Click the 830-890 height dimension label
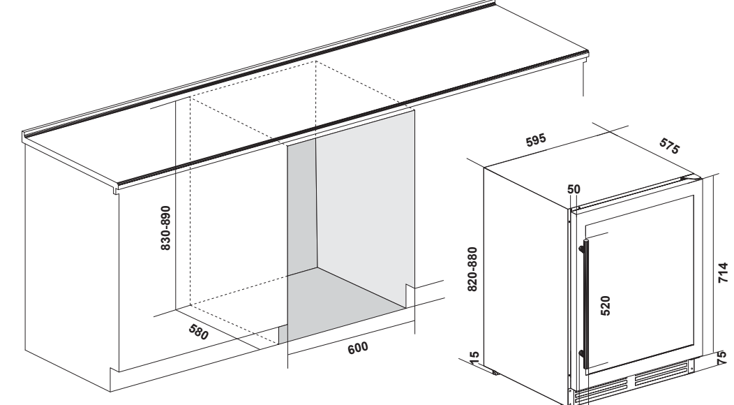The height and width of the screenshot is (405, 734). pyautogui.click(x=165, y=228)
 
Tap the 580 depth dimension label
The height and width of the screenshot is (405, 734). pyautogui.click(x=198, y=332)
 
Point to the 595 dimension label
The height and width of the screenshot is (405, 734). pyautogui.click(x=536, y=140)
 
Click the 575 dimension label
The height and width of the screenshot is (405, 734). pyautogui.click(x=669, y=146)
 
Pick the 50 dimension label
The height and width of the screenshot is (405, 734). pyautogui.click(x=574, y=189)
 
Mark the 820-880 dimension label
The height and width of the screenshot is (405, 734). pyautogui.click(x=472, y=269)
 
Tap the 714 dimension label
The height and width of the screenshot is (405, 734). pyautogui.click(x=724, y=272)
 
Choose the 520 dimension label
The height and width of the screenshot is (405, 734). pyautogui.click(x=605, y=306)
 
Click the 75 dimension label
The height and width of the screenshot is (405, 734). pyautogui.click(x=724, y=358)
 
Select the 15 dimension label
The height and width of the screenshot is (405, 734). pyautogui.click(x=474, y=358)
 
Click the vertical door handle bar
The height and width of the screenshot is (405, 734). pyautogui.click(x=585, y=304)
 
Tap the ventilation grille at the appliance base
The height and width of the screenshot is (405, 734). pyautogui.click(x=634, y=384)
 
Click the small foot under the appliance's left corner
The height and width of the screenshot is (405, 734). pyautogui.click(x=495, y=373)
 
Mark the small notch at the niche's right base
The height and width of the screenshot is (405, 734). pyautogui.click(x=410, y=295)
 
